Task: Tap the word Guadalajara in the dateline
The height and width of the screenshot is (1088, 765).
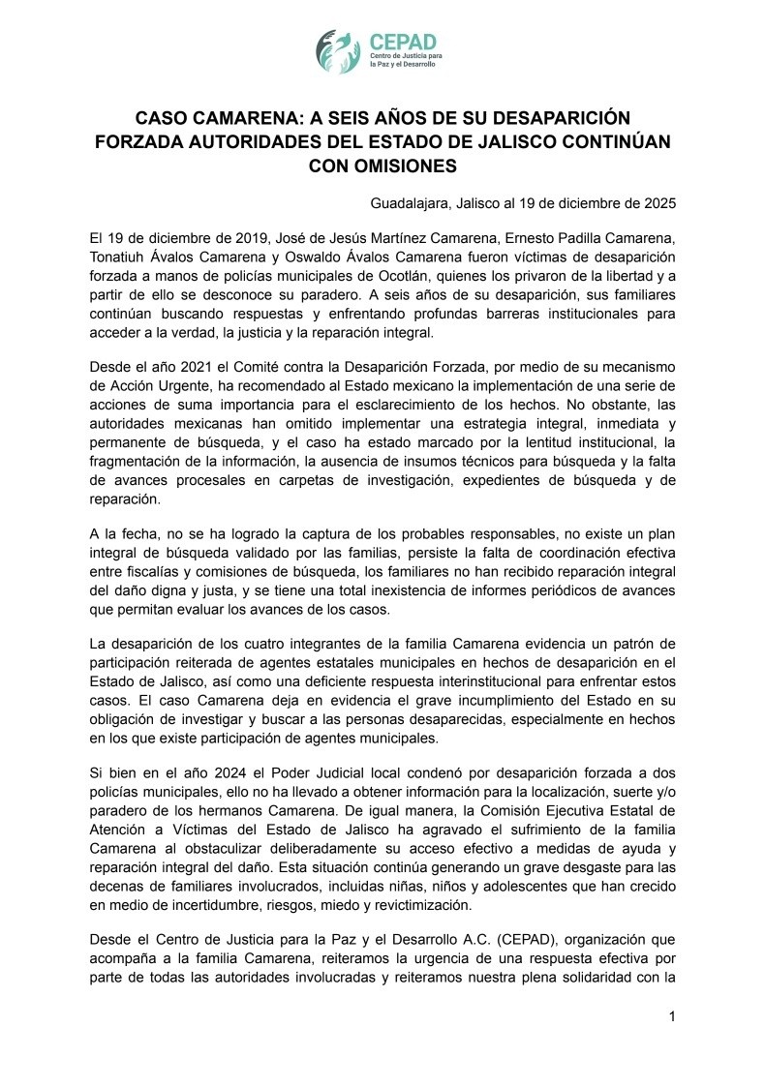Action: (x=410, y=203)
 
